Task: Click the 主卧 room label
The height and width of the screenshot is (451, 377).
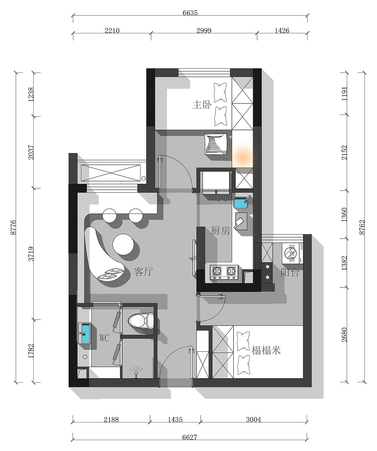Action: [x=202, y=105]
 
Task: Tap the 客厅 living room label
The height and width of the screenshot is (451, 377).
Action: [x=144, y=272]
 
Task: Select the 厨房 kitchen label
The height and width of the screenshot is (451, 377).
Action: [x=220, y=230]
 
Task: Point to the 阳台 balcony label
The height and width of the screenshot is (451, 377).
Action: [x=290, y=272]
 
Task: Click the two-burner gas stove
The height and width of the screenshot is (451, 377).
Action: [x=224, y=272]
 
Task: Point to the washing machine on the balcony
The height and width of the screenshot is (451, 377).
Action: [x=292, y=253]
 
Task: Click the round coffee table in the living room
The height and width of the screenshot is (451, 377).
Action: [x=123, y=245]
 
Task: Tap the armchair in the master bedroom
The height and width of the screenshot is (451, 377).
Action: [x=216, y=144]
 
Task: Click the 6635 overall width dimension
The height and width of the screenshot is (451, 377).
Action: [x=190, y=13]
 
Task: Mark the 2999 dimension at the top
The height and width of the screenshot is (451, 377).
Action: [x=204, y=30]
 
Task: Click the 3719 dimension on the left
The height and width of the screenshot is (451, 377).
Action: [x=31, y=254]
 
